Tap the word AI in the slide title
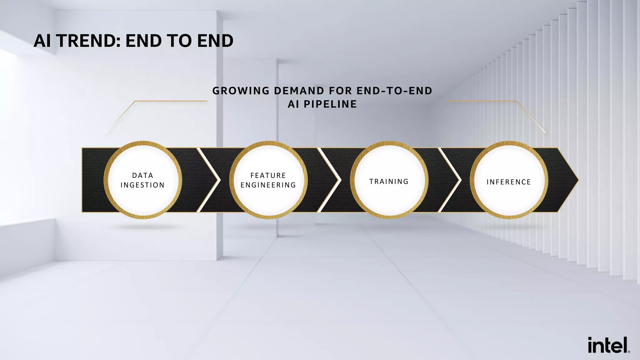(42, 41)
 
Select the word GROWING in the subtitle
(241, 91)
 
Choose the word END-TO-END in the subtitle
(394, 91)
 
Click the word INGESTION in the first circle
(142, 185)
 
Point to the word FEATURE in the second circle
(268, 175)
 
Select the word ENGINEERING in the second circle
(268, 185)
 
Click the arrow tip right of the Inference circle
(567, 180)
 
